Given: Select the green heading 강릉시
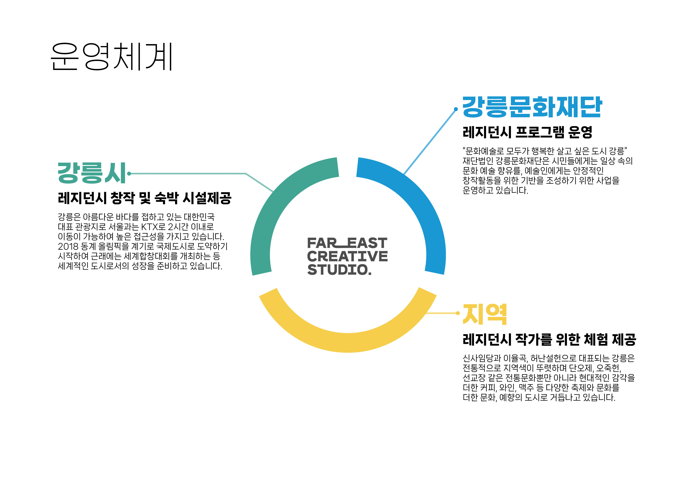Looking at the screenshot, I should coord(92,173).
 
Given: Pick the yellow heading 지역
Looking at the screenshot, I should coord(485,314).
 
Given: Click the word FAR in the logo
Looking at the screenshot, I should coord(321,243).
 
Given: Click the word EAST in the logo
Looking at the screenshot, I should coord(367,243).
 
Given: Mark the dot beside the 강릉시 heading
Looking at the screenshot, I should coord(129,174).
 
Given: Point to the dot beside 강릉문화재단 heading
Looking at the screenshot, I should coord(456,109).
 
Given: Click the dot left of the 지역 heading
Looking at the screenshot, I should coord(457,313).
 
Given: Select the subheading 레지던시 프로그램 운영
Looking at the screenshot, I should coord(527,132).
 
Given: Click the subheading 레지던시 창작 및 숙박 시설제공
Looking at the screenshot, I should coord(145,198).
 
